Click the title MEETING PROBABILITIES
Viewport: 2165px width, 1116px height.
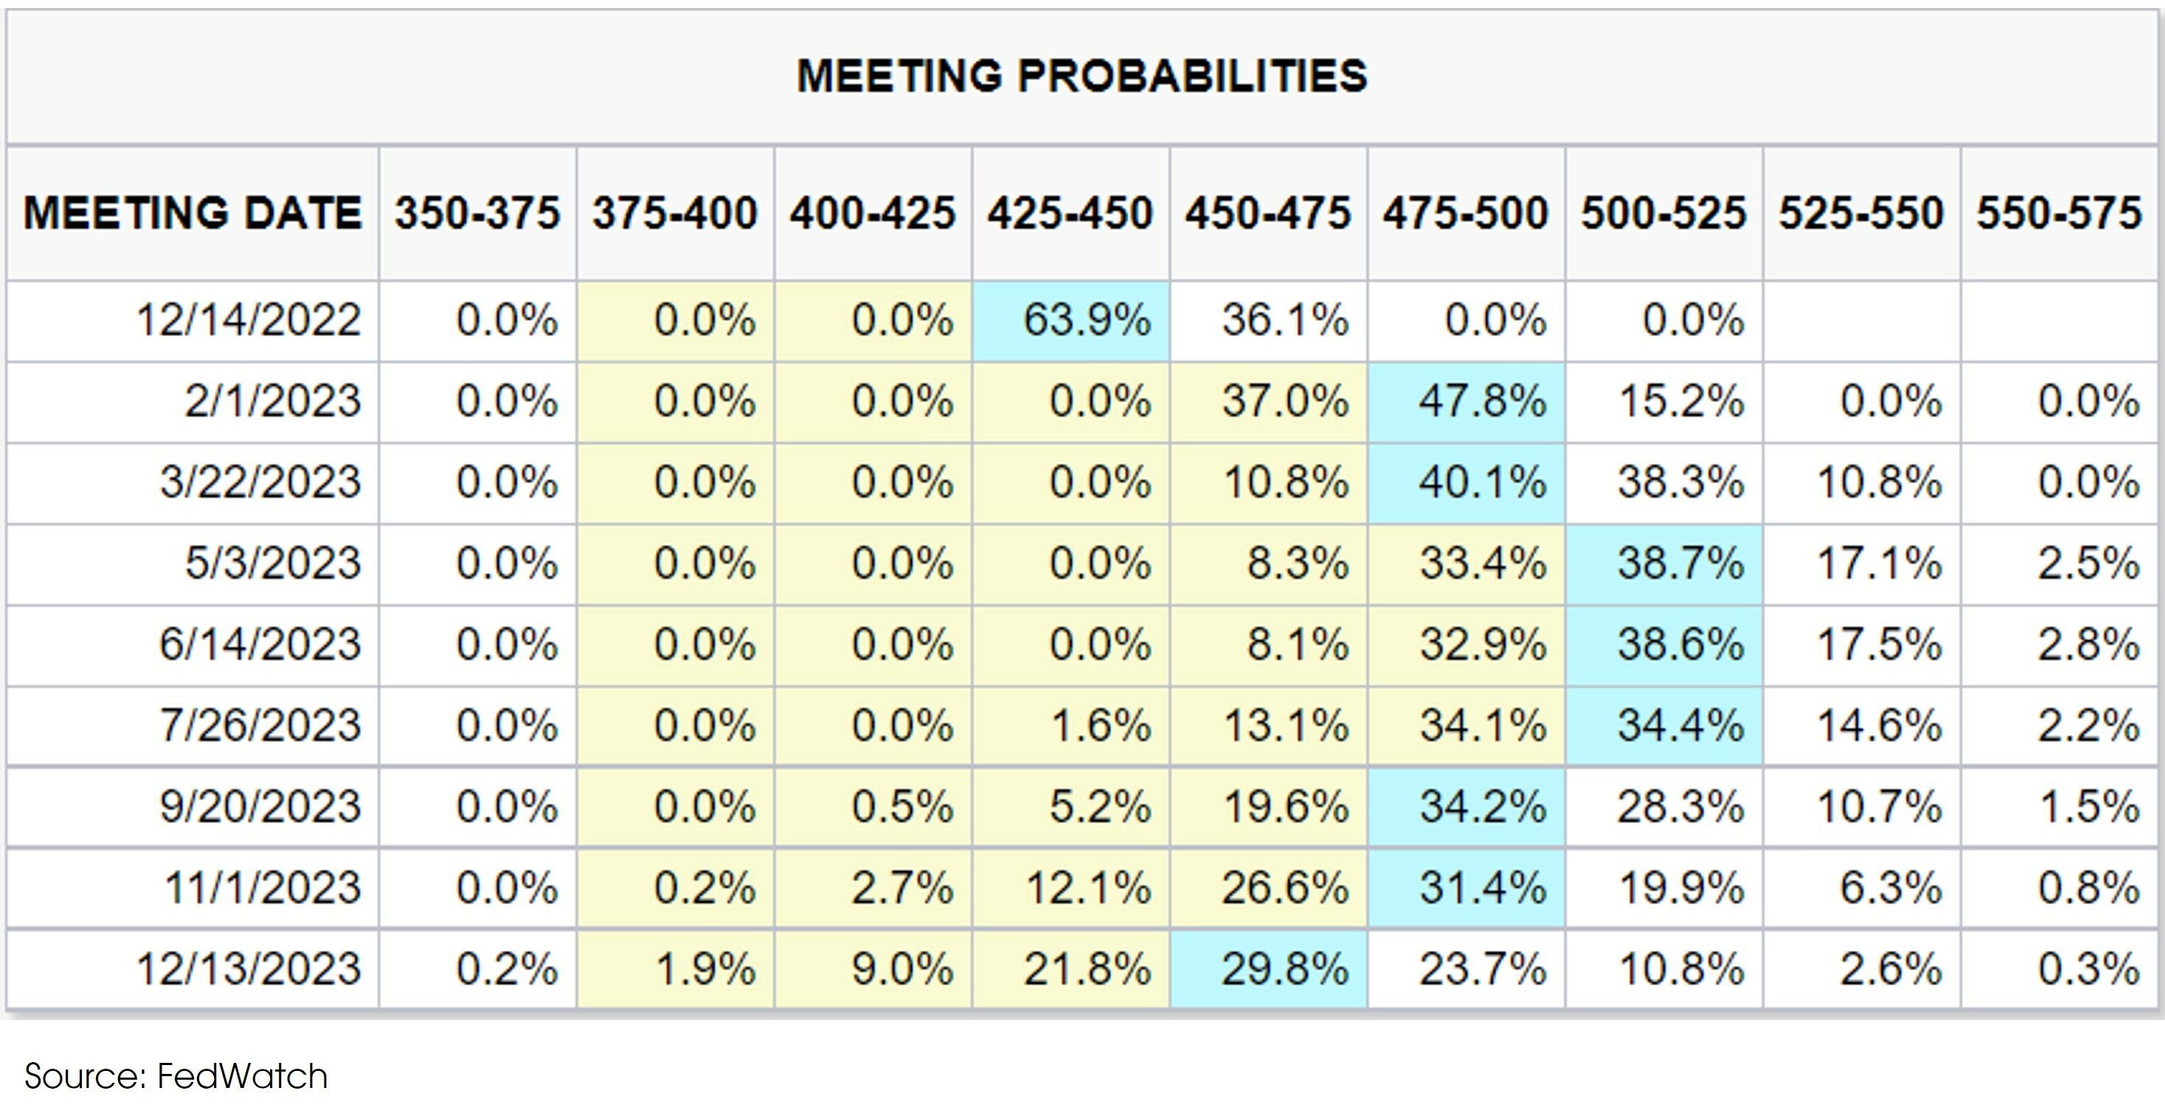(x=1082, y=75)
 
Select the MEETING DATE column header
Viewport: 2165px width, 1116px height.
(x=193, y=213)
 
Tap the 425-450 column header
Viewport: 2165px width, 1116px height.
(x=1070, y=213)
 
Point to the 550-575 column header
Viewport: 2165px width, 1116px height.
(x=2058, y=213)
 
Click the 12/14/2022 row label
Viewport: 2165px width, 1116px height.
(x=249, y=320)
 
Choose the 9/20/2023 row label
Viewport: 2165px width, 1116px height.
(x=260, y=807)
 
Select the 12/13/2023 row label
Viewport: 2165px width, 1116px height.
(x=249, y=968)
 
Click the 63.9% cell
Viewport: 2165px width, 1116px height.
(x=1086, y=320)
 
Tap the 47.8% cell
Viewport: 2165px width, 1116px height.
(x=1482, y=401)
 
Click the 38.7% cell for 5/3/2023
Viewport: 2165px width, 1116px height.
(x=1680, y=563)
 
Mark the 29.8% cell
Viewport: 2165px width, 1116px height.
(x=1284, y=968)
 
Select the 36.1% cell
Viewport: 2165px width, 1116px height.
(x=1284, y=320)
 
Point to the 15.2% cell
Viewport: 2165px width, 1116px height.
(x=1680, y=401)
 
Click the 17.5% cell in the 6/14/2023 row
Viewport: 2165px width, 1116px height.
(x=1879, y=644)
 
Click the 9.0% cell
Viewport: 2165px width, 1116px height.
(x=902, y=968)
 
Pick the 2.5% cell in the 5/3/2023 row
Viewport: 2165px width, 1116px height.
(x=2088, y=563)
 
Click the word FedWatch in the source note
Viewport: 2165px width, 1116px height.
(x=242, y=1076)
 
